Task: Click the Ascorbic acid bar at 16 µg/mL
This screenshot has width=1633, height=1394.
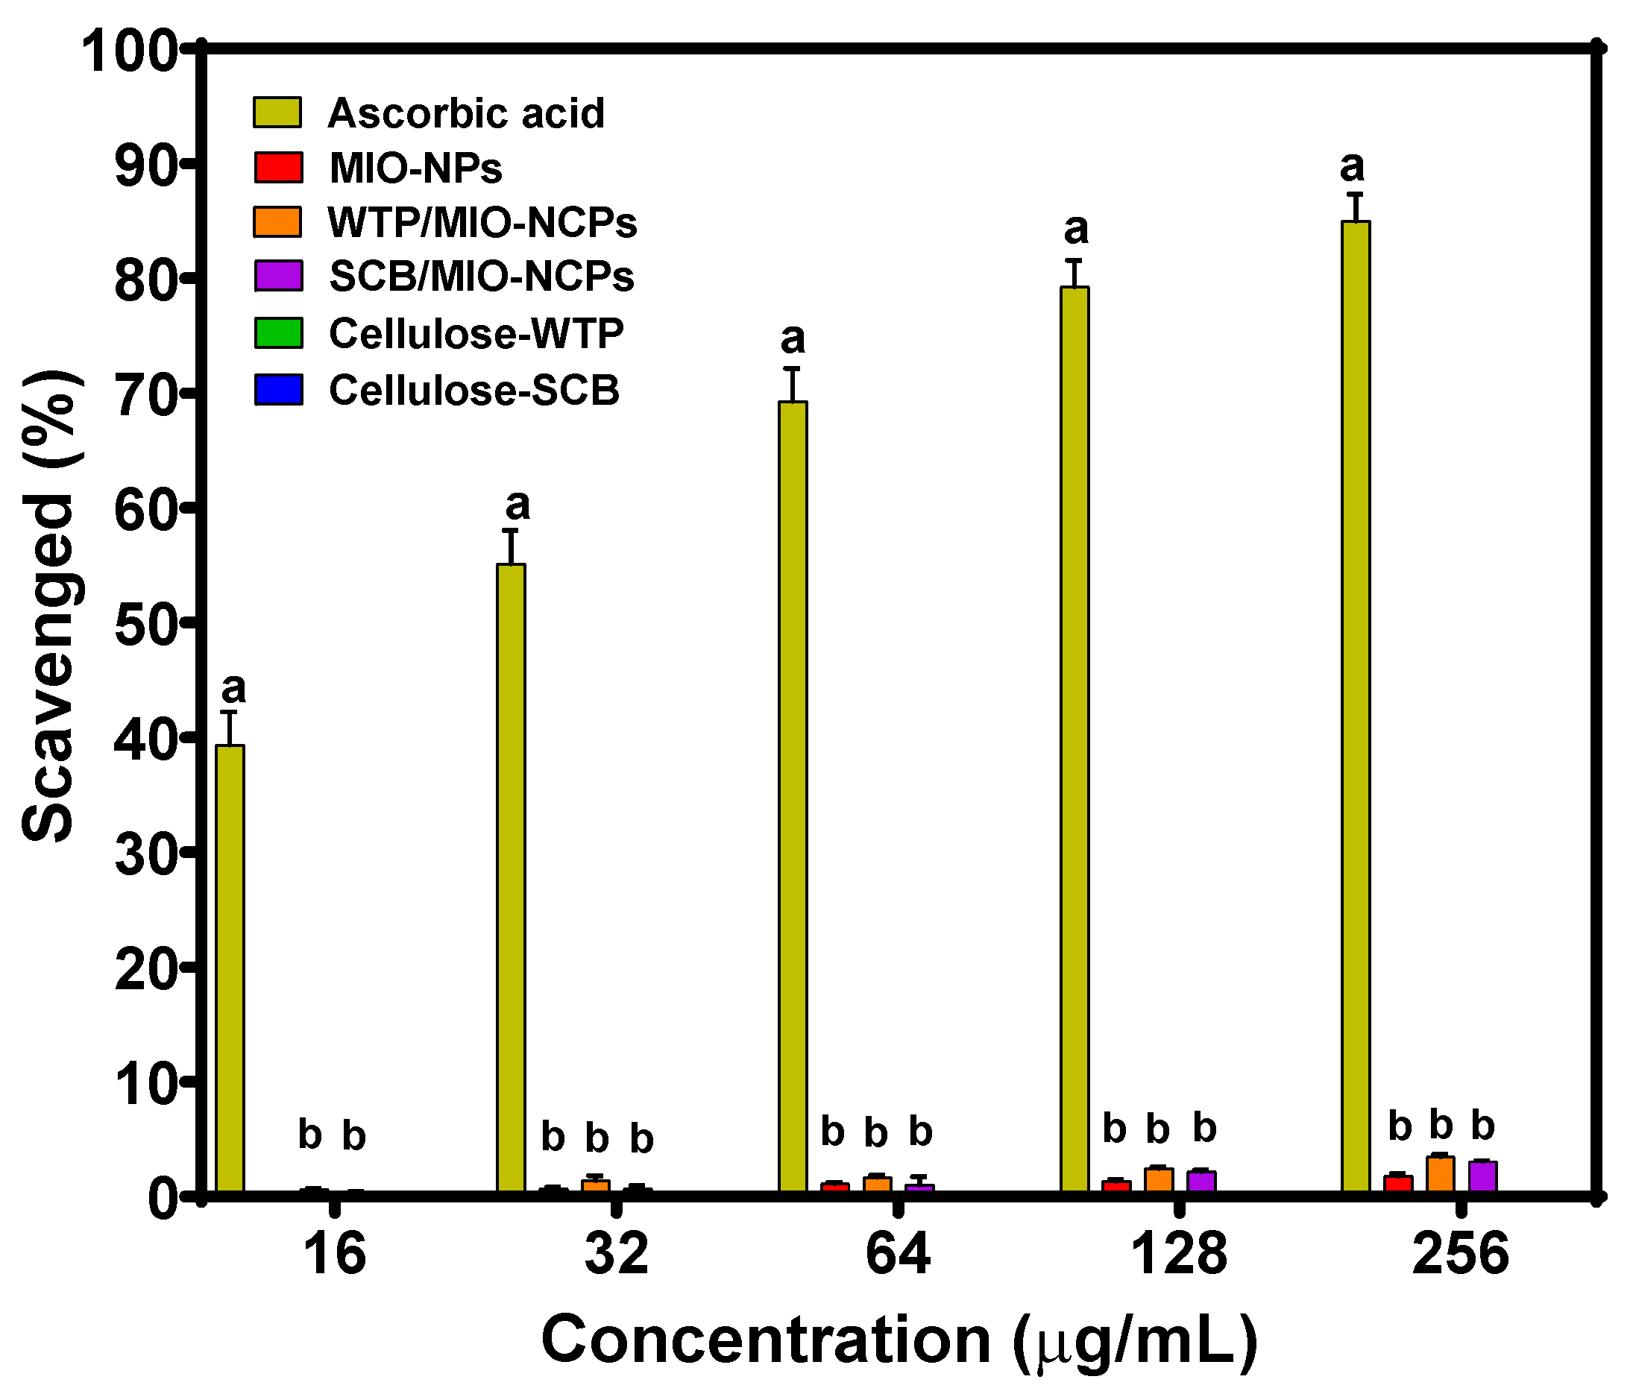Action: (230, 970)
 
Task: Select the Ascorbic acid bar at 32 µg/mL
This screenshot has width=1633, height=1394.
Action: (511, 880)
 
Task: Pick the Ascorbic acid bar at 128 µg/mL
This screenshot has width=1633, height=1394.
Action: (1074, 741)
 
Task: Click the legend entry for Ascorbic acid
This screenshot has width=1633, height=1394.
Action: (466, 113)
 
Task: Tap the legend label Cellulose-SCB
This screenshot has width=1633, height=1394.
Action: (473, 391)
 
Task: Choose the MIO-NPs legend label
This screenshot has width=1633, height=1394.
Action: (415, 168)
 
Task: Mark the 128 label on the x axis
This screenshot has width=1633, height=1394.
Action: (1179, 1255)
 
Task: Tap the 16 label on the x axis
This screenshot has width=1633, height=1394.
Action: (335, 1255)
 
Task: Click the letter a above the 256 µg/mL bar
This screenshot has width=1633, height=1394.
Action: (1353, 167)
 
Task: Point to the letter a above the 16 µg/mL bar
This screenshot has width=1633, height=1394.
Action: (233, 689)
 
